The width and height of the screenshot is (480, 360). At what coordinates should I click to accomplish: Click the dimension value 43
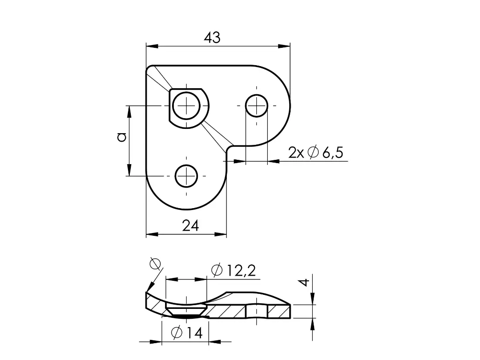(x=212, y=38)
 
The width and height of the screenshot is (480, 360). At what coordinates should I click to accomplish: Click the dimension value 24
(x=190, y=226)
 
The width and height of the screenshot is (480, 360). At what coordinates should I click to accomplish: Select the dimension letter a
(x=121, y=137)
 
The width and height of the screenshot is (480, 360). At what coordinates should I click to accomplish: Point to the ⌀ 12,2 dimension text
(x=233, y=270)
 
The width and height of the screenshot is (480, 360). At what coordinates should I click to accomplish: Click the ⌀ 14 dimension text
(x=187, y=333)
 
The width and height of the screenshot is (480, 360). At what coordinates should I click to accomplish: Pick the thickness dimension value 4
(x=304, y=282)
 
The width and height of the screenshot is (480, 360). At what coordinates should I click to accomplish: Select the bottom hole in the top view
(x=186, y=176)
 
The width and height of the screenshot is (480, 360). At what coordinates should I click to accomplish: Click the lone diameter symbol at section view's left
(x=155, y=264)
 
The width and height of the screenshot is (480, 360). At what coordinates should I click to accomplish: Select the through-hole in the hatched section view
(x=256, y=310)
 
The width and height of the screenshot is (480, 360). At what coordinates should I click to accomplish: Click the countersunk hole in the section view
(x=186, y=310)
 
